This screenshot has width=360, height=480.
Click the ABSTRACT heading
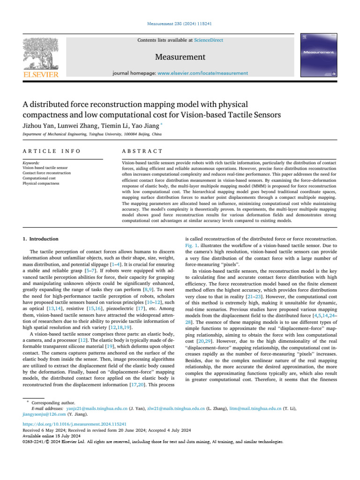[x=142, y=151]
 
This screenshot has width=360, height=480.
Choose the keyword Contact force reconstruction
[x=47, y=173]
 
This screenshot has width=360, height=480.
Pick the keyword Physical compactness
[x=41, y=183]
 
